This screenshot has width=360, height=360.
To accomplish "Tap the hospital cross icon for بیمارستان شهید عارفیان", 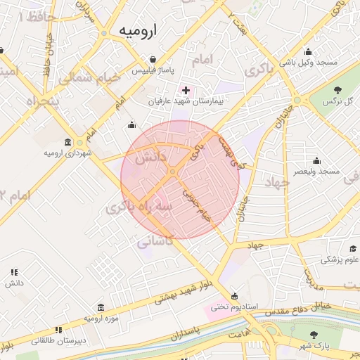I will (x=186, y=90).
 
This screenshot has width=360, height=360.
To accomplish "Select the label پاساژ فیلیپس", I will (x=153, y=71).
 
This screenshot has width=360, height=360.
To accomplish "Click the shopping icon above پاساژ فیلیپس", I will (x=153, y=60).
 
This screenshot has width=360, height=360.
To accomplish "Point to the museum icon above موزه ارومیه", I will (x=101, y=308).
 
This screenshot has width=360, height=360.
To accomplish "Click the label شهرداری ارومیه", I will (x=67, y=153).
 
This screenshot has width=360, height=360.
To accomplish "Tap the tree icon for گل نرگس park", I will (x=338, y=89).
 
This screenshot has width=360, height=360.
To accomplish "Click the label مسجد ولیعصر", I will (x=317, y=171).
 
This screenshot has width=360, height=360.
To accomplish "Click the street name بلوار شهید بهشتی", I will (x=186, y=294).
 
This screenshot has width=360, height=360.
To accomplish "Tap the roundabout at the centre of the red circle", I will (x=173, y=172).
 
